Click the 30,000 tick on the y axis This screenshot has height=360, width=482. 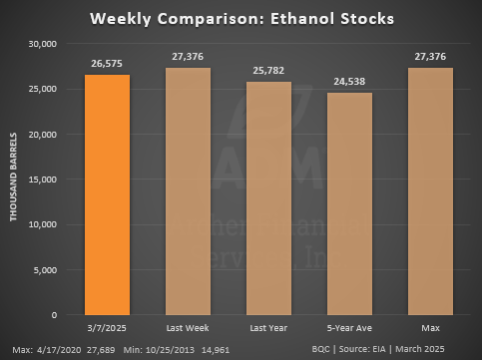click(41, 45)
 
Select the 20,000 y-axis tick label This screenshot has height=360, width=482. click(41, 135)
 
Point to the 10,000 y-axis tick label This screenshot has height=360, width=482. click(41, 224)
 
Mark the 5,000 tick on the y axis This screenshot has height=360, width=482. click(44, 269)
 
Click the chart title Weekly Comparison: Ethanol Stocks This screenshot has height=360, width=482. click(241, 18)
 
